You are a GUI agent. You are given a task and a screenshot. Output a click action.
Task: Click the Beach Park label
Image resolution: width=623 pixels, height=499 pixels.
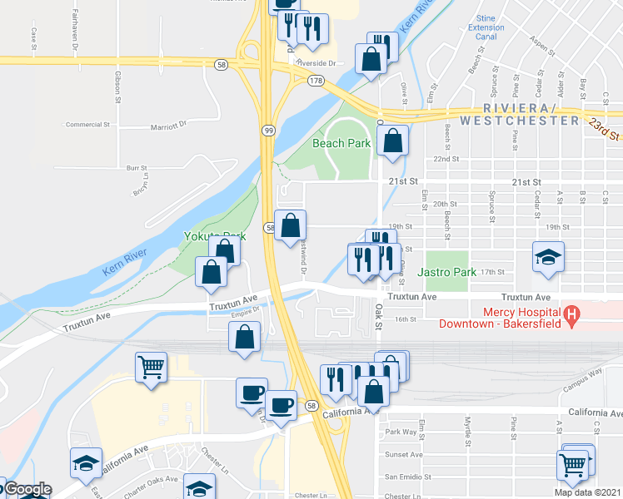(x=341, y=143)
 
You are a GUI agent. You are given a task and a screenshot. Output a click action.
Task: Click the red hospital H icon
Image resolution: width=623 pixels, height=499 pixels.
(x=571, y=315)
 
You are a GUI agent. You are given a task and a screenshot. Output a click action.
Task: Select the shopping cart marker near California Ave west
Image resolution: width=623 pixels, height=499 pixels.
(x=151, y=366)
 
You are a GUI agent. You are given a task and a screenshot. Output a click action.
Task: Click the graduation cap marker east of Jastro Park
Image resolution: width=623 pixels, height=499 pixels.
(x=549, y=256)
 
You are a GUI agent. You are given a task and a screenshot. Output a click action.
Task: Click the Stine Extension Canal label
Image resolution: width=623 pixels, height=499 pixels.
(x=486, y=27)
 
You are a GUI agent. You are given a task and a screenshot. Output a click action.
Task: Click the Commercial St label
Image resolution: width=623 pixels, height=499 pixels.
(x=89, y=125)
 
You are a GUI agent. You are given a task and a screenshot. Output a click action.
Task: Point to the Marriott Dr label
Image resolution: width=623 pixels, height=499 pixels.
(x=170, y=127)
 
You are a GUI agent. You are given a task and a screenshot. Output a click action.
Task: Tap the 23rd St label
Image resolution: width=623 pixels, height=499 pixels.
(x=605, y=130)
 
